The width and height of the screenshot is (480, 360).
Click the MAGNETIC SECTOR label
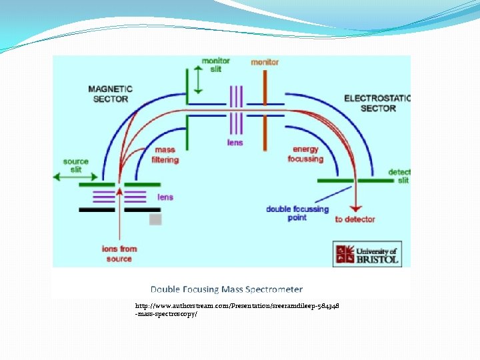tap(111, 93)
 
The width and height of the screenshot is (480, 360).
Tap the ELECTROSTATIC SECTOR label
tap(377, 103)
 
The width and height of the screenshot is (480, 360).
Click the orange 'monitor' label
tap(265, 62)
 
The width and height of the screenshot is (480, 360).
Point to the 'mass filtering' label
tap(165, 155)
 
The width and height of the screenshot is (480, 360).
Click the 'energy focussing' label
tap(305, 154)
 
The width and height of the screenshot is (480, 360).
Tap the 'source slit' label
tap(75, 166)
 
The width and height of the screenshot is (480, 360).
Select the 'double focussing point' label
tap(297, 213)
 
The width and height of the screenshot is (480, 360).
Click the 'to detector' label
tap(355, 219)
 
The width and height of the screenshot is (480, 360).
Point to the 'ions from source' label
tap(119, 254)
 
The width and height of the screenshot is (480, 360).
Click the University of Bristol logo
tap(367, 253)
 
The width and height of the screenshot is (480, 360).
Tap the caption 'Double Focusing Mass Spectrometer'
tap(226, 289)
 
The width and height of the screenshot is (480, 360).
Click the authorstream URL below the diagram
tap(237, 309)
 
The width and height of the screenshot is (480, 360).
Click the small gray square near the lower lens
tap(155, 219)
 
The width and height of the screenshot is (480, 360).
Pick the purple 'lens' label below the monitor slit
tap(235, 143)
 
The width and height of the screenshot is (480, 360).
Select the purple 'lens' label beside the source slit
tap(165, 197)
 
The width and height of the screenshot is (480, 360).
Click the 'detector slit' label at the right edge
tap(399, 176)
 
